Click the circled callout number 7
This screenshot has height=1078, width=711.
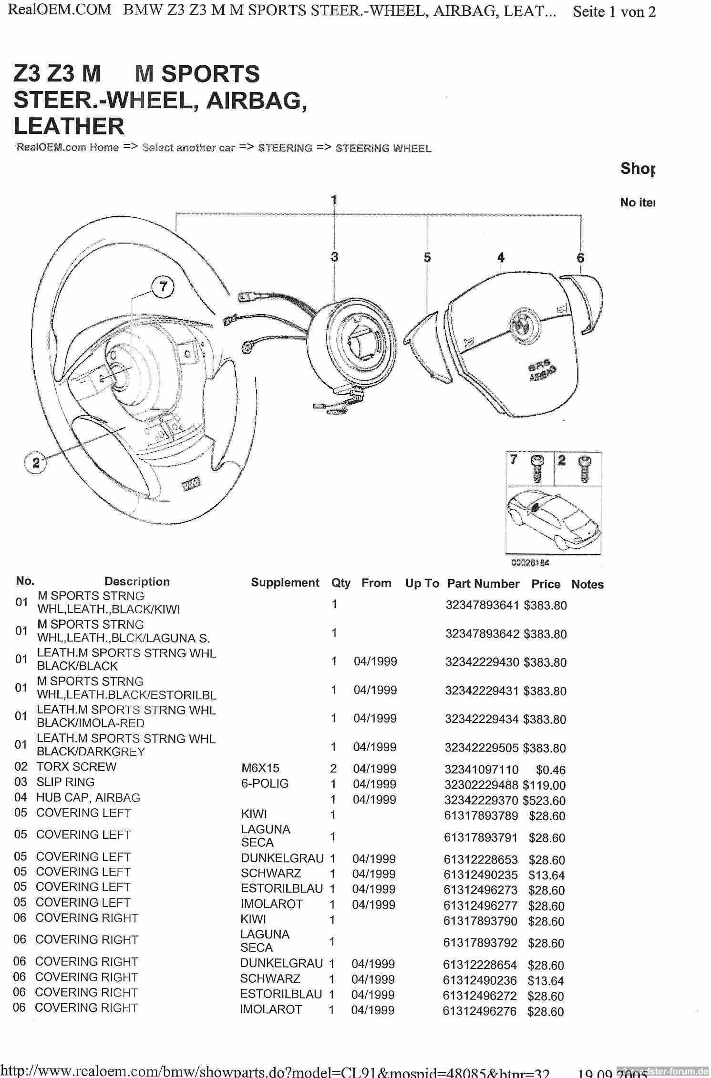[x=163, y=287]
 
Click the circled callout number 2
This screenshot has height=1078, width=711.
[x=36, y=462]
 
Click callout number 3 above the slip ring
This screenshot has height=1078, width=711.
[x=334, y=257]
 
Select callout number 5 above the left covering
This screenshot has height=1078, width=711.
[x=427, y=257]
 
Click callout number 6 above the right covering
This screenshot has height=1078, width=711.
[x=580, y=258]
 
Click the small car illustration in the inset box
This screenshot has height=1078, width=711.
[x=553, y=519]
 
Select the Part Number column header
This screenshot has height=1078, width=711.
[x=483, y=584]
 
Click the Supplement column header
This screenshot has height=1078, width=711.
[x=285, y=583]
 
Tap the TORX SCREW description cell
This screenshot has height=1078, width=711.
[x=76, y=767]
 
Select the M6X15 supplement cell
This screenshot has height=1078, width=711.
[x=260, y=768]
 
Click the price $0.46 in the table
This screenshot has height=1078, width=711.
[x=550, y=770]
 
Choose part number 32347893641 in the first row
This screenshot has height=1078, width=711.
[x=482, y=605]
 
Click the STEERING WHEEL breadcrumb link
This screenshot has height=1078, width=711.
[x=383, y=148]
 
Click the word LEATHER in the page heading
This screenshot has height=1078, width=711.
[x=69, y=126]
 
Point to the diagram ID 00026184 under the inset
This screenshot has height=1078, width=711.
[x=530, y=563]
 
